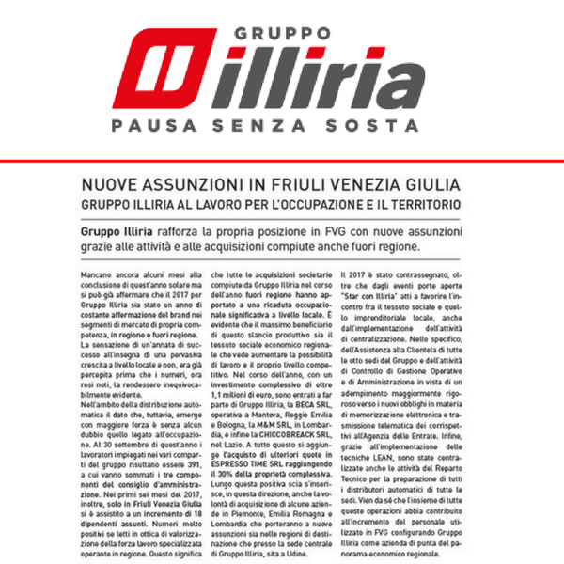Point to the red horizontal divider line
[282, 161]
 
